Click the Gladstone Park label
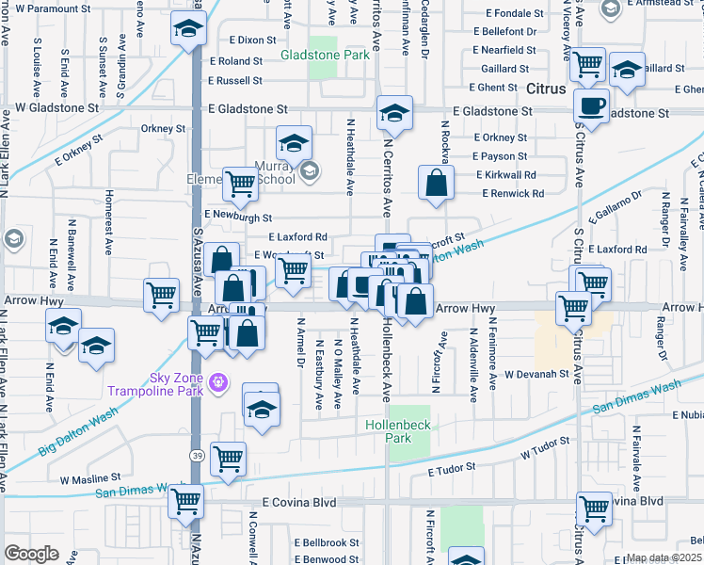pyautogui.click(x=326, y=56)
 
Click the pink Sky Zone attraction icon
pyautogui.click(x=218, y=381)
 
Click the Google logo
pyautogui.click(x=31, y=553)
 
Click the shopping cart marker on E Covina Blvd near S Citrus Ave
pyautogui.click(x=595, y=508)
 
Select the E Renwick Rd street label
pyautogui.click(x=513, y=194)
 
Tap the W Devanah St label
pyautogui.click(x=537, y=374)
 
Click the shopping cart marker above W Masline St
pyautogui.click(x=228, y=459)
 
